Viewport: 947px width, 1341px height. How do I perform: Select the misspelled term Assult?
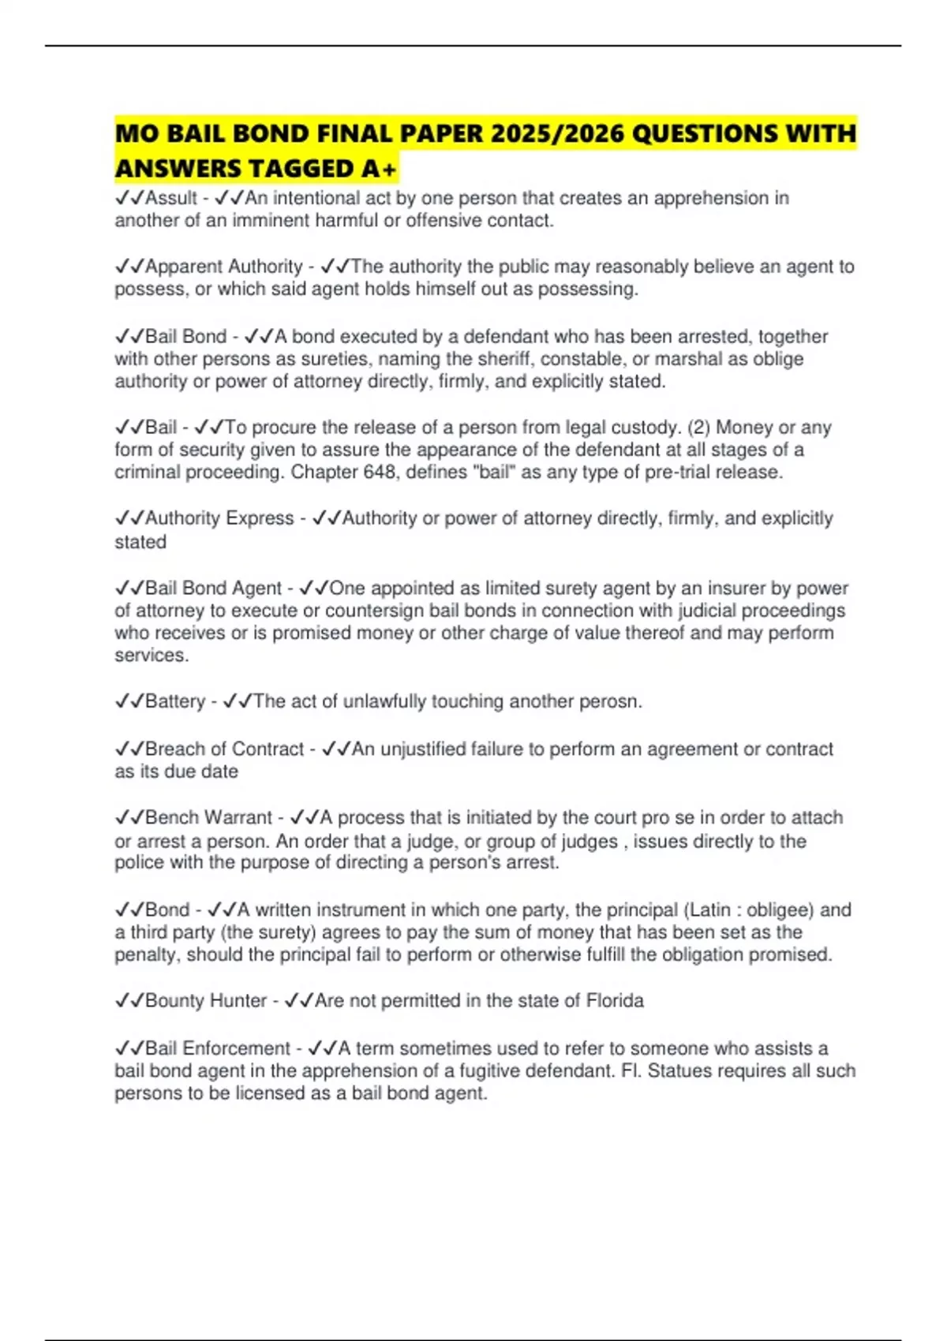(170, 198)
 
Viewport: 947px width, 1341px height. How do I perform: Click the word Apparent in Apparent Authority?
(184, 267)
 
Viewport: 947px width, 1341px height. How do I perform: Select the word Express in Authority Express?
(260, 518)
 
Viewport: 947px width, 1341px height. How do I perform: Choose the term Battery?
(175, 701)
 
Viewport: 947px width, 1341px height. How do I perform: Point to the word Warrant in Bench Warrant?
(238, 818)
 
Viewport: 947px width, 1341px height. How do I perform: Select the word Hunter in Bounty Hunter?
(239, 1001)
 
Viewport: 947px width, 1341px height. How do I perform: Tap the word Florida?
(615, 1001)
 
